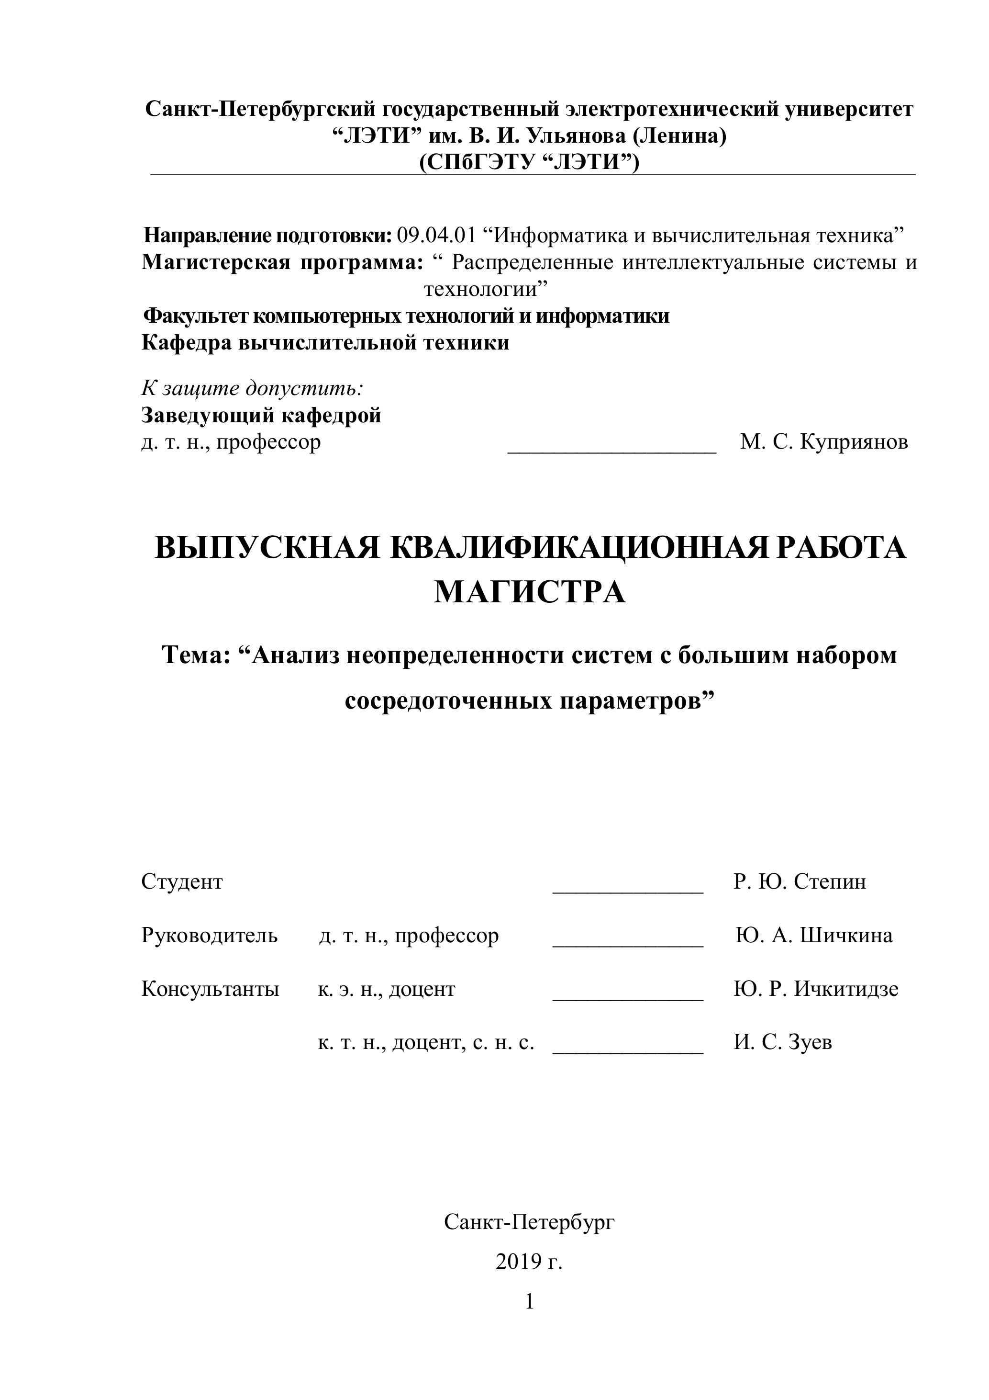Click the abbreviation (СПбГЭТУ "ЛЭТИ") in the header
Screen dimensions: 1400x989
click(x=529, y=163)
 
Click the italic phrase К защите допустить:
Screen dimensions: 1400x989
click(x=252, y=388)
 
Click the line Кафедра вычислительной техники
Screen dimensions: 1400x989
click(x=325, y=343)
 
